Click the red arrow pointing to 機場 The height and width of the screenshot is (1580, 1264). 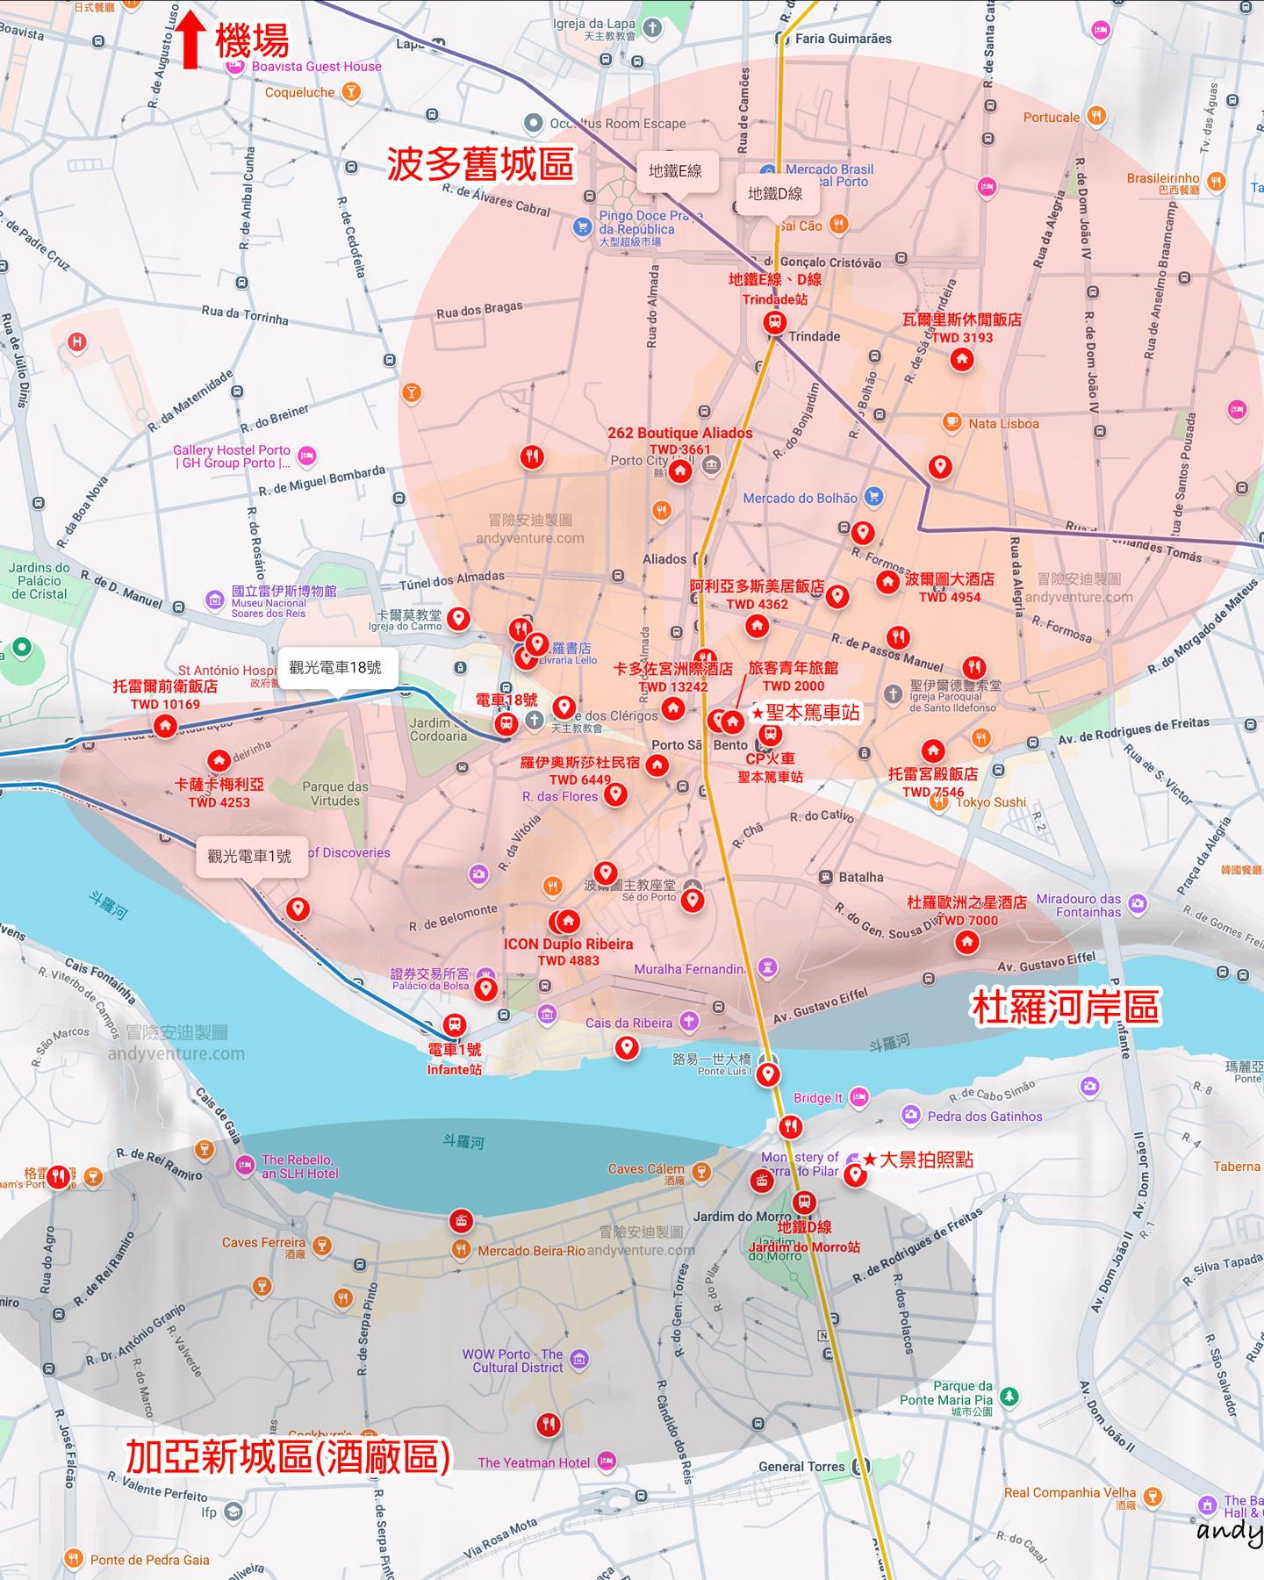(x=190, y=39)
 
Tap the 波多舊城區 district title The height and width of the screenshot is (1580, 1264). (x=480, y=164)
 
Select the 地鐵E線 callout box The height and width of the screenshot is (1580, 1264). (x=675, y=171)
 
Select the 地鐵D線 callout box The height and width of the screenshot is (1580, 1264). (x=774, y=194)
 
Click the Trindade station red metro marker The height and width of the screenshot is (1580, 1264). (x=774, y=322)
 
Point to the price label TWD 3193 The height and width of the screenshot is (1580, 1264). (x=962, y=338)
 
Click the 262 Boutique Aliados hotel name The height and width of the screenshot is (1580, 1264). (x=679, y=433)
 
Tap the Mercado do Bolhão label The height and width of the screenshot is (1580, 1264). (x=800, y=498)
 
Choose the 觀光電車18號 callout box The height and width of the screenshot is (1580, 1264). (x=335, y=668)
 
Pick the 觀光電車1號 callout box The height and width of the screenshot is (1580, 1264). (x=249, y=856)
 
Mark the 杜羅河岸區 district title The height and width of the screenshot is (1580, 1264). (x=1065, y=1007)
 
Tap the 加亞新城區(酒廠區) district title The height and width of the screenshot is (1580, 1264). (x=288, y=1457)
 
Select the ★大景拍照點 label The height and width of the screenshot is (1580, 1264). (x=918, y=1160)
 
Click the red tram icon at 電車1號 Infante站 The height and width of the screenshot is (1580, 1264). (x=455, y=1024)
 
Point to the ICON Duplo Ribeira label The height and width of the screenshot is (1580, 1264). (x=568, y=944)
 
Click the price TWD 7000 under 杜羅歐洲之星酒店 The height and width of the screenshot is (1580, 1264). (x=966, y=921)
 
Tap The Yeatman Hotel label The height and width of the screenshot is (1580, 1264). (x=534, y=1462)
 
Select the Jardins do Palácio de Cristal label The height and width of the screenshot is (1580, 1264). (x=39, y=580)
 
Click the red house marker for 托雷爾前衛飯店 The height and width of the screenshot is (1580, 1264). (x=165, y=726)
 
